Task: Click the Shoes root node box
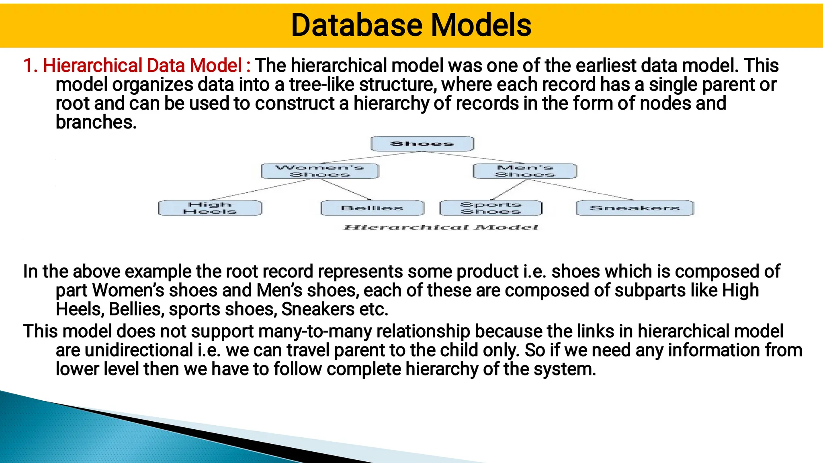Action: (422, 144)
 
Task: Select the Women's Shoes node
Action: (320, 171)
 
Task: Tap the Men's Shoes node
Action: (525, 171)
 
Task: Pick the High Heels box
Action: (210, 208)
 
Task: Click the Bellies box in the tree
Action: (372, 208)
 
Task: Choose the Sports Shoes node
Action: (491, 208)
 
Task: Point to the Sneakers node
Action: (635, 208)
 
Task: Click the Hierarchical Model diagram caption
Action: (441, 228)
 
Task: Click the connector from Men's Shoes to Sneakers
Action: (581, 190)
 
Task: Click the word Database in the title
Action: (356, 25)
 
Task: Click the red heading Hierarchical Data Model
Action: (142, 65)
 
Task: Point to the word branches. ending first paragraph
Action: (96, 122)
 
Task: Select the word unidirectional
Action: (139, 350)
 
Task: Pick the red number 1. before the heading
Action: (30, 65)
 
